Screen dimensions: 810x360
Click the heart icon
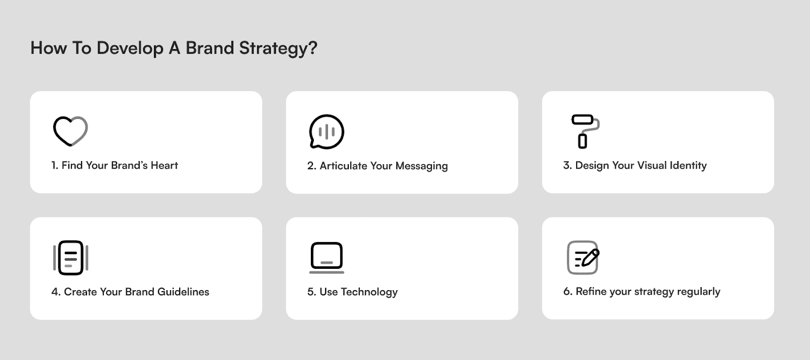click(x=70, y=131)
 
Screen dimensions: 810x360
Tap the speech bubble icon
click(x=327, y=132)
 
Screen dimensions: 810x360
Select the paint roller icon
click(x=585, y=131)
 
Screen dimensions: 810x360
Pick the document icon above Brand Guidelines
click(x=70, y=258)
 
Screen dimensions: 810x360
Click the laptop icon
click(x=327, y=258)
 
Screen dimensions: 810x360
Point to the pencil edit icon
click(x=583, y=258)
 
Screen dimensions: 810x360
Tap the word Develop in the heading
click(x=130, y=48)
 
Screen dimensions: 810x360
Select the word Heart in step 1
click(x=164, y=166)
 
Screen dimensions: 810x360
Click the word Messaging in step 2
click(x=421, y=166)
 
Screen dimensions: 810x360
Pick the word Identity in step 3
click(x=688, y=166)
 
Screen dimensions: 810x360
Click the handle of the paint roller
click(x=582, y=141)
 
